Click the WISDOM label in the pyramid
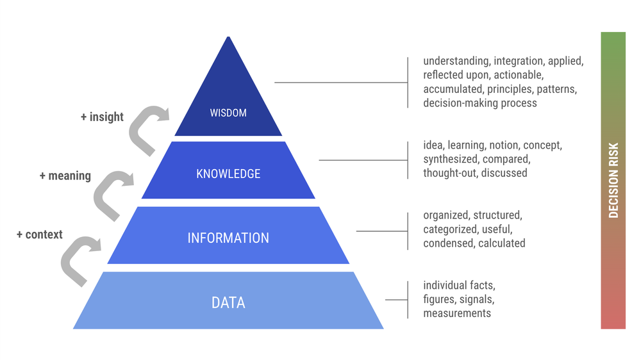pos(228,113)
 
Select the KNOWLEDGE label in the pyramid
pos(228,174)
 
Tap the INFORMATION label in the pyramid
pos(228,238)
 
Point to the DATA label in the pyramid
pos(228,302)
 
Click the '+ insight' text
pos(102,117)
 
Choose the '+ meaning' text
pos(65,176)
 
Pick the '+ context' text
pos(40,234)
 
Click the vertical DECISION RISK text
pos(613,180)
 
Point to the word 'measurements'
pos(457,313)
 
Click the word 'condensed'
pos(447,243)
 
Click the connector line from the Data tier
pos(396,300)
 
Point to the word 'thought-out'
pos(449,173)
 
